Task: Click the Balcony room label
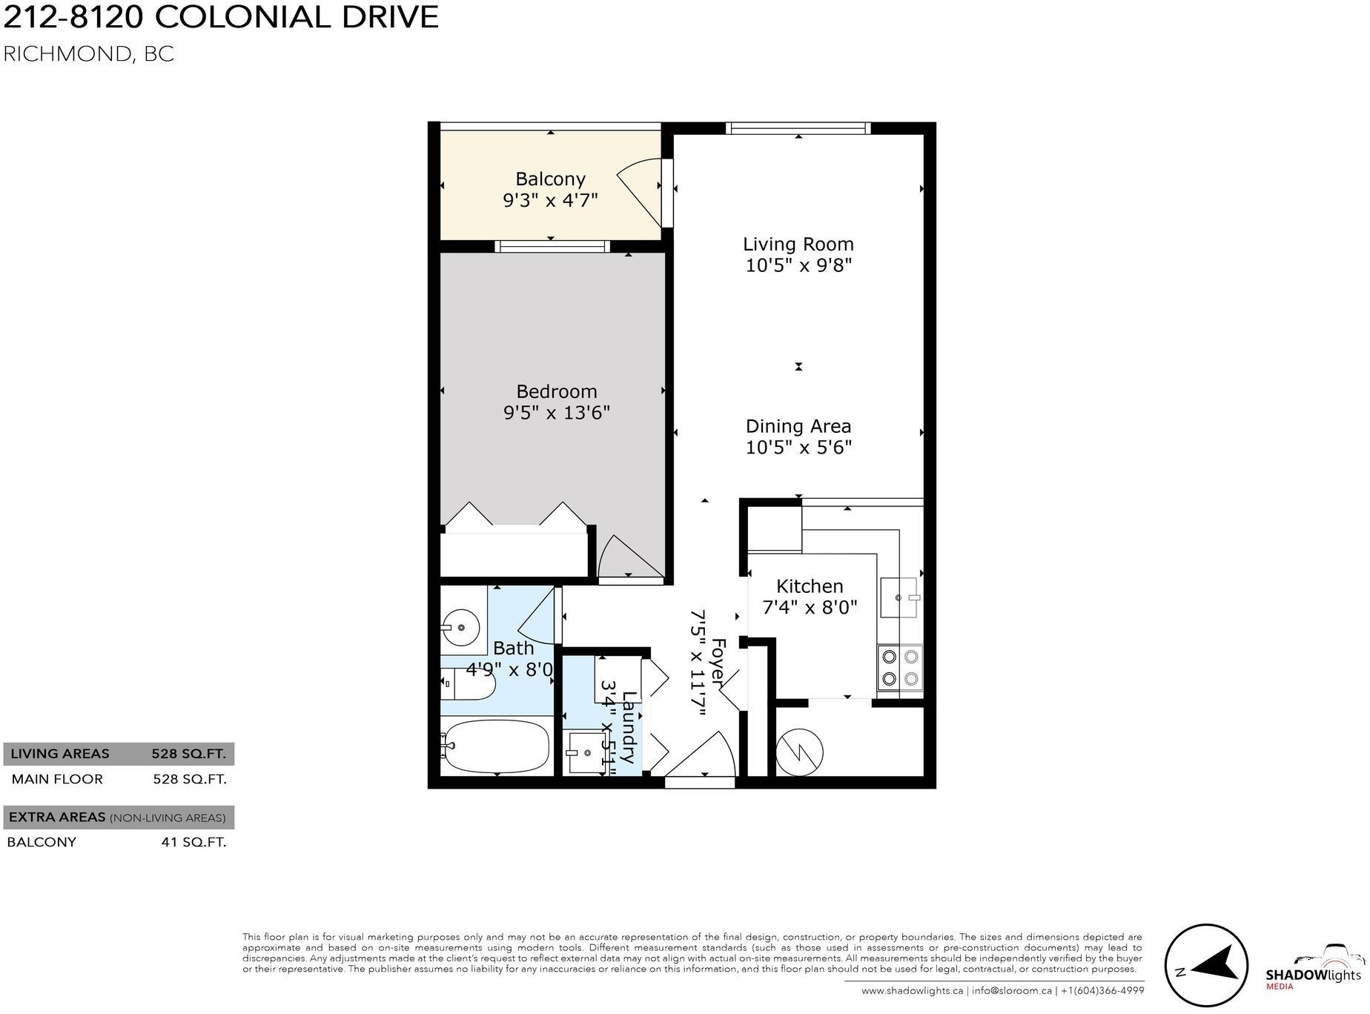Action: point(550,179)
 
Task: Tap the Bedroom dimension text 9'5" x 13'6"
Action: point(557,412)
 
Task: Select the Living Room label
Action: point(798,245)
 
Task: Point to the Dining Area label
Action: point(798,426)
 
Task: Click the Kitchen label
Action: point(810,586)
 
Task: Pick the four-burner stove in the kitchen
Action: point(900,668)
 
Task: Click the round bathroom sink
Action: point(460,628)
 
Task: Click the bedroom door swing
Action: point(630,557)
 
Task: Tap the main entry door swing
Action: point(700,754)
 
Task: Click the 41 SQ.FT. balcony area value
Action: point(193,842)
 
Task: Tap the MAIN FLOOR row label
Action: point(57,779)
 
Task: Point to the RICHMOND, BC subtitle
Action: point(89,54)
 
